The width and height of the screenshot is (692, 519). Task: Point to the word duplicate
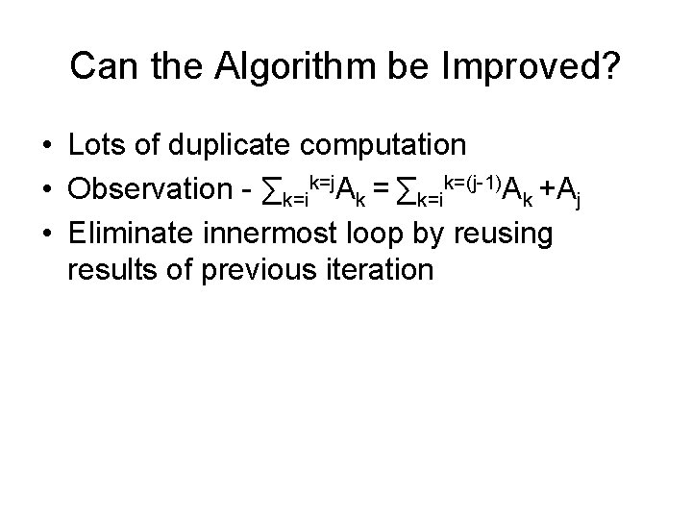(230, 146)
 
